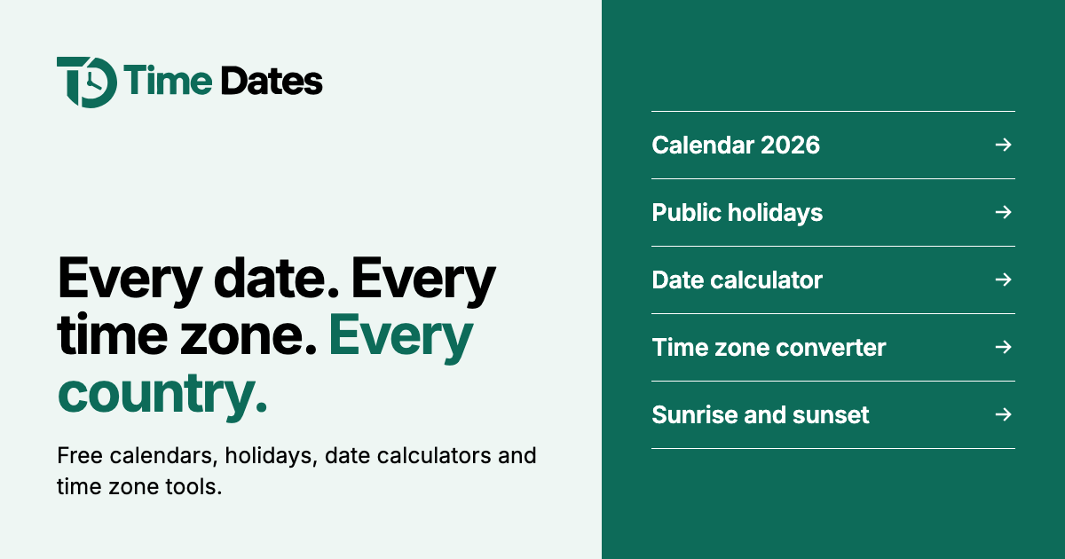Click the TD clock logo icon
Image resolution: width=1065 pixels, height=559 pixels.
point(87,83)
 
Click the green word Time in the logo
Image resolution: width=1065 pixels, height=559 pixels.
point(168,81)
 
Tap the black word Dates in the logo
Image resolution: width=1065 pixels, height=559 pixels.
point(272,81)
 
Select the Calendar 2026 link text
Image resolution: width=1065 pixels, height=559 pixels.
point(736,145)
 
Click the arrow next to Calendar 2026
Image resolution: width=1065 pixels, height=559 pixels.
point(1004,145)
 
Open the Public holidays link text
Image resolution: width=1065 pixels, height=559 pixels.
point(737,212)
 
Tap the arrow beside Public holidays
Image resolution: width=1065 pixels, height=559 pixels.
point(1004,212)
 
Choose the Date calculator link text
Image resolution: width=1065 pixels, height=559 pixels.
point(737,280)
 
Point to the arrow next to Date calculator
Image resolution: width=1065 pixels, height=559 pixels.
point(1004,279)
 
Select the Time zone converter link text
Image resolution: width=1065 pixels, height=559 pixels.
point(769,348)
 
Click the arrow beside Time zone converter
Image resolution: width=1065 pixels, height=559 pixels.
point(1004,347)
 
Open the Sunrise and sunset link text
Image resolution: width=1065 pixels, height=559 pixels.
point(761,415)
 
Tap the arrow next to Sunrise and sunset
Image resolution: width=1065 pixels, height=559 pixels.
point(1004,414)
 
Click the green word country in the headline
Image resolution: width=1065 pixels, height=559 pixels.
point(162,394)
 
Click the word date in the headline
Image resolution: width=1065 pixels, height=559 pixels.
point(276,278)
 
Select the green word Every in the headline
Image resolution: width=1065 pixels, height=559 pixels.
point(401,337)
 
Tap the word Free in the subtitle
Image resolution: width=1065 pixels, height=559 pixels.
point(80,455)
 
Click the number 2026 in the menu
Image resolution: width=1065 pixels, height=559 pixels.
point(790,145)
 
